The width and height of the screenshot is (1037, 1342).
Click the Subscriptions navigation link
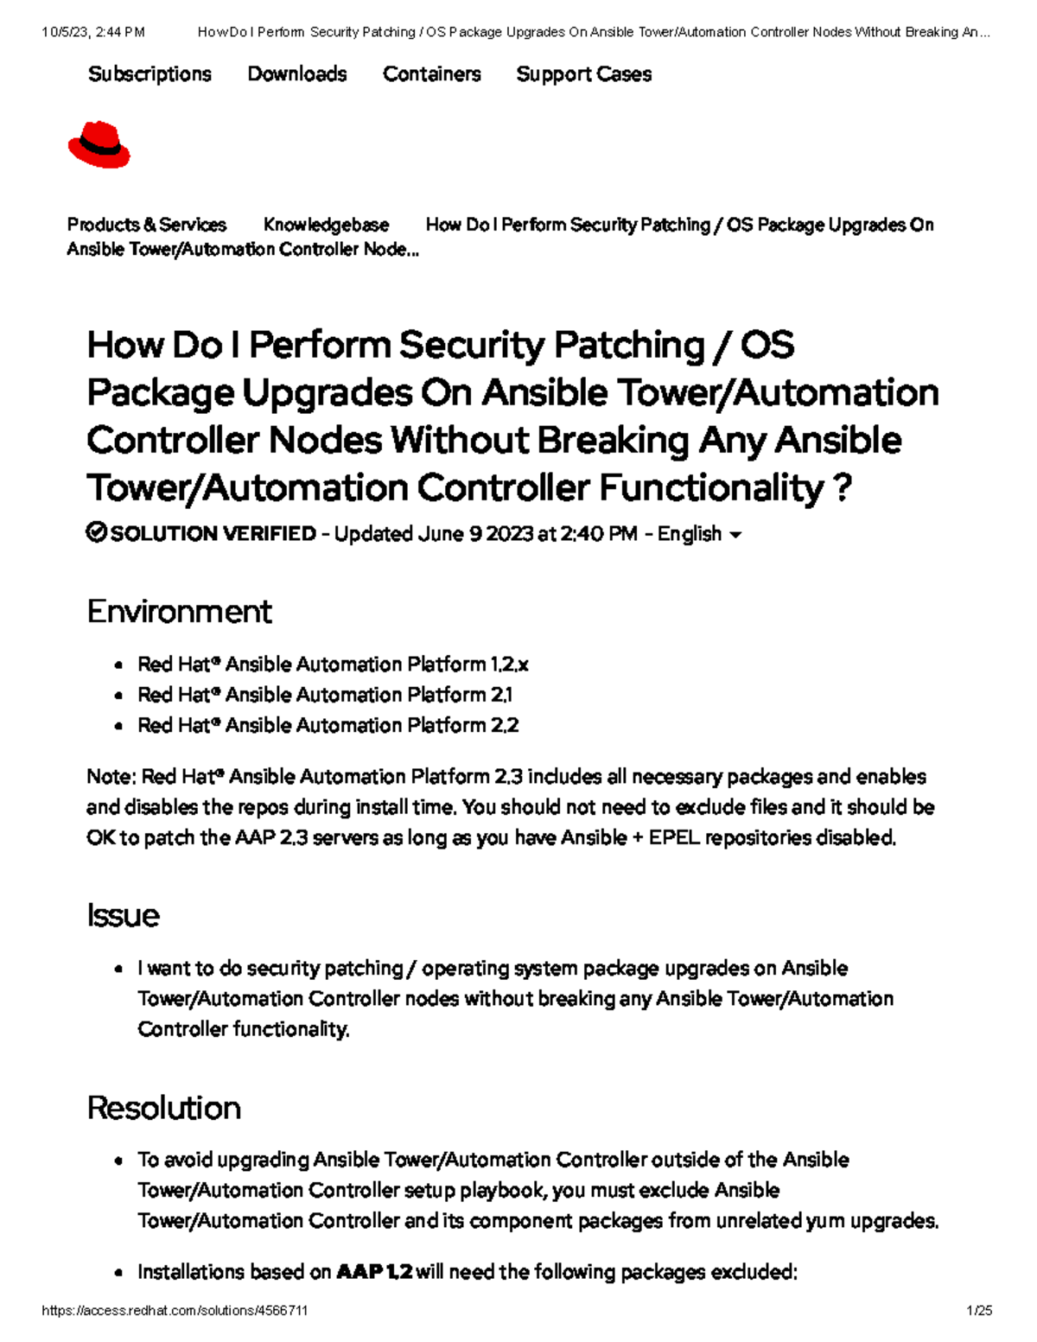click(150, 74)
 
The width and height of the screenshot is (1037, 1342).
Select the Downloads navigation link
click(297, 74)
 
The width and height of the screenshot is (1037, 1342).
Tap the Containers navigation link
click(431, 74)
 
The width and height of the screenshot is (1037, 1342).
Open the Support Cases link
click(583, 74)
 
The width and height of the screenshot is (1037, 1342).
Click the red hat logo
click(99, 145)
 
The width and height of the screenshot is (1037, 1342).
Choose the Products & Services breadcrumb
click(147, 225)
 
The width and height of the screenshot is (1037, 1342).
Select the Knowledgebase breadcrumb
click(326, 225)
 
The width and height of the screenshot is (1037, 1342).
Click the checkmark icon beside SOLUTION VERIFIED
click(96, 532)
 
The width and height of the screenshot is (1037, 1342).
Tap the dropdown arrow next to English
click(735, 535)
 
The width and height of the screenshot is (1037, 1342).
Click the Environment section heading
click(179, 612)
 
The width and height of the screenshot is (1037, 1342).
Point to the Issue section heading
click(123, 916)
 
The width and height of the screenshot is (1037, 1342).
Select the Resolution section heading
click(163, 1108)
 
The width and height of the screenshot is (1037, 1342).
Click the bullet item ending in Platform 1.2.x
click(333, 665)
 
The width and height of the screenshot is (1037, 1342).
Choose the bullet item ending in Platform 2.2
click(328, 725)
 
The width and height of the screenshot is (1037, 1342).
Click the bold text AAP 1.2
click(373, 1272)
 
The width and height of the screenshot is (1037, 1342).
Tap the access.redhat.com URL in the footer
click(175, 1311)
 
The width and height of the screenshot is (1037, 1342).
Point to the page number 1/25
click(979, 1311)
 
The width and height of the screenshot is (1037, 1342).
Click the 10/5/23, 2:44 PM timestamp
click(93, 32)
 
